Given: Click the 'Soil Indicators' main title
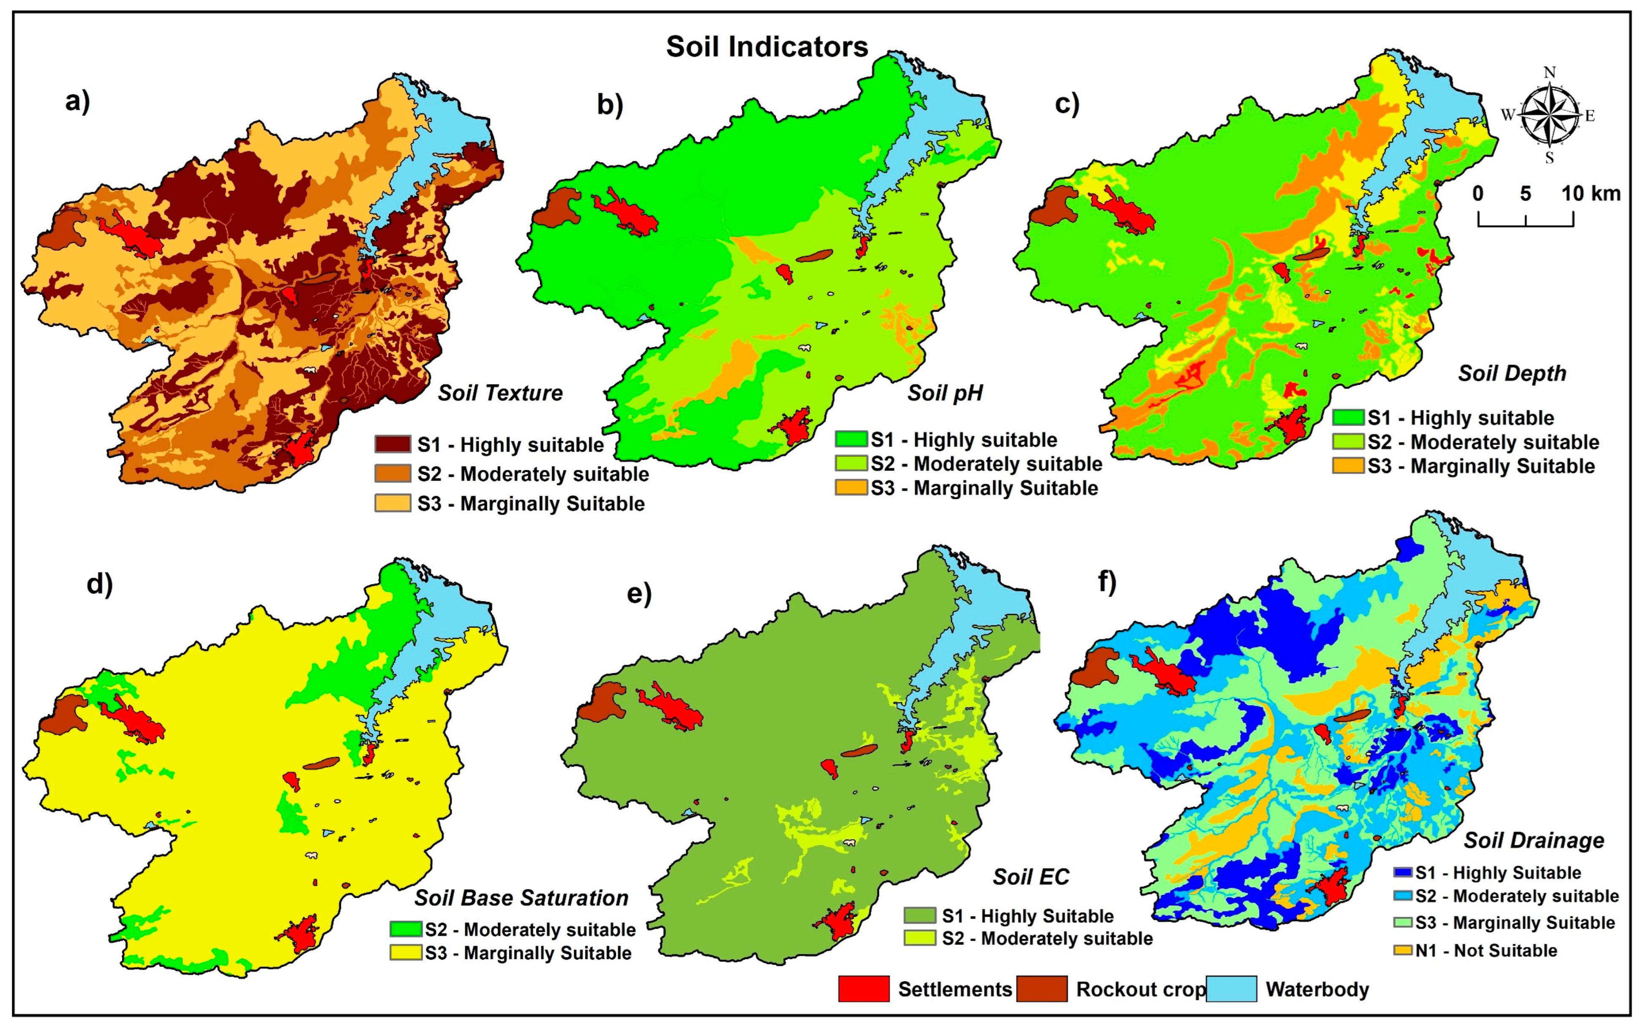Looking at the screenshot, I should click(x=766, y=47).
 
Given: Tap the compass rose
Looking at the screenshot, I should click(x=1549, y=115).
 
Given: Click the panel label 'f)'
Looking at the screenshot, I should click(x=1107, y=583).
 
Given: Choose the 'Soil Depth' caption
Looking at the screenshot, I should click(x=1512, y=373).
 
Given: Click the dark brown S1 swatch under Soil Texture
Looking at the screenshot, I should click(x=392, y=445).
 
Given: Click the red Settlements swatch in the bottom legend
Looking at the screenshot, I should click(x=863, y=989).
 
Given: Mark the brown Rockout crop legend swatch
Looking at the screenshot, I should click(x=1042, y=989).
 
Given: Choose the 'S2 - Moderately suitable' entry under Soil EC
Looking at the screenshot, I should click(x=1047, y=938).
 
